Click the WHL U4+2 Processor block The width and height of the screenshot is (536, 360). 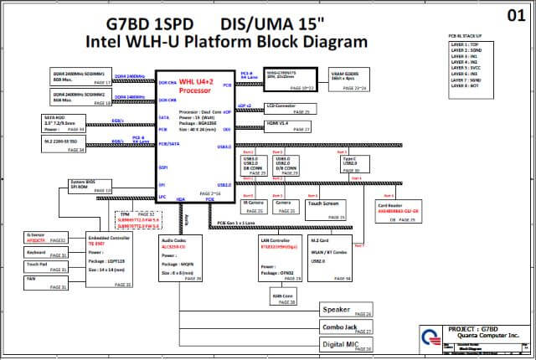point(193,135)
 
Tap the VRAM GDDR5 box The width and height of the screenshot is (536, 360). point(347,80)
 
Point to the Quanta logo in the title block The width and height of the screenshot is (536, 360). point(432,337)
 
